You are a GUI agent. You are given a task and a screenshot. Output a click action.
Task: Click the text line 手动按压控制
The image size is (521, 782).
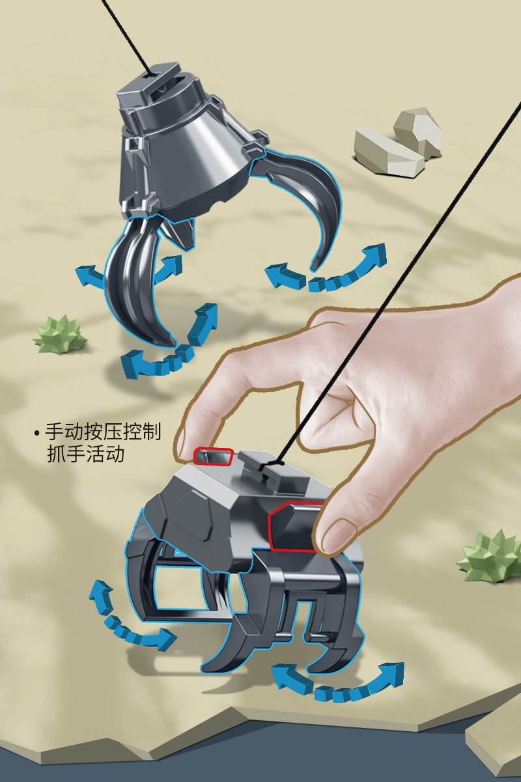(x=103, y=432)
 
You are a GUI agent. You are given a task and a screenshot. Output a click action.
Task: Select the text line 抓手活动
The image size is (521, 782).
(x=86, y=454)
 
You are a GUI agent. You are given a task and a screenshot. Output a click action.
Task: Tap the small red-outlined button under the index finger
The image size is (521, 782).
(x=214, y=456)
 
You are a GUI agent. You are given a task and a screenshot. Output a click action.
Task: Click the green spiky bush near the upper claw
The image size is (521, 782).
(x=60, y=334)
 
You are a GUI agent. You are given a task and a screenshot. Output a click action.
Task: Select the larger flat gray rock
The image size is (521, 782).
(x=387, y=154)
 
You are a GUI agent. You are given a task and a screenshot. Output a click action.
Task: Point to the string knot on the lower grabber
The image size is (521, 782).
(x=272, y=464)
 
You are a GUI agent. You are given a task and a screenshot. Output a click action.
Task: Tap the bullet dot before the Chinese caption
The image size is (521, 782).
(x=36, y=433)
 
